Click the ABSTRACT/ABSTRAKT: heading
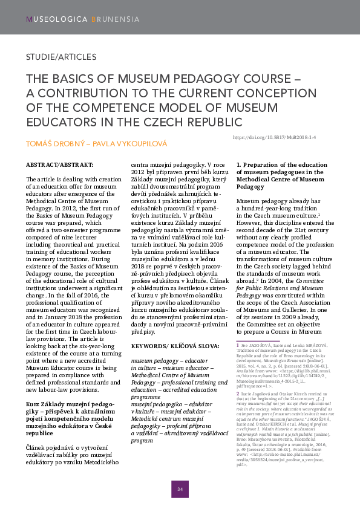coord(60,165)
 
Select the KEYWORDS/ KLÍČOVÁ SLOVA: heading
coord(176,345)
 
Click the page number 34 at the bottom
coord(180,489)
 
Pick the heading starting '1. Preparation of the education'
coord(282,165)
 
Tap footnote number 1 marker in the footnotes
coord(237,345)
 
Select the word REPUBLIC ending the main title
coord(206,122)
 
